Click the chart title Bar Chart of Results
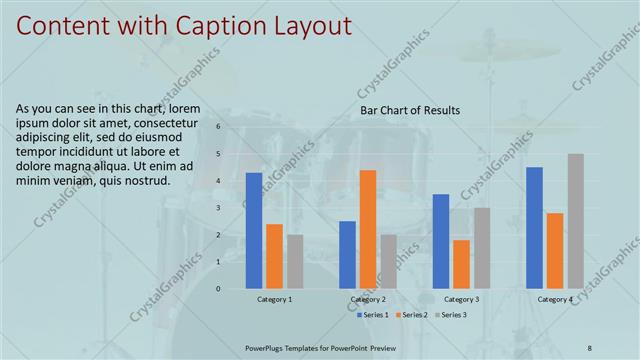coord(410,110)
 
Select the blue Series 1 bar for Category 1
coord(254,230)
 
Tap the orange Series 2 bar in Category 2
coord(368,229)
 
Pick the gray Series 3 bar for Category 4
coord(575,221)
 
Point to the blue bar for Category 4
coord(534,227)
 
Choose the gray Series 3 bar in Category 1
coord(295,261)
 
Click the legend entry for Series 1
coord(374,315)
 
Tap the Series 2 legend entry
coord(414,315)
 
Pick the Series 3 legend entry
coord(451,315)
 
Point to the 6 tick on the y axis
coord(218,127)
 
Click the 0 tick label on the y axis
coord(218,289)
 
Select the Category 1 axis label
coord(275,299)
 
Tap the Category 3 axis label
coord(461,299)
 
